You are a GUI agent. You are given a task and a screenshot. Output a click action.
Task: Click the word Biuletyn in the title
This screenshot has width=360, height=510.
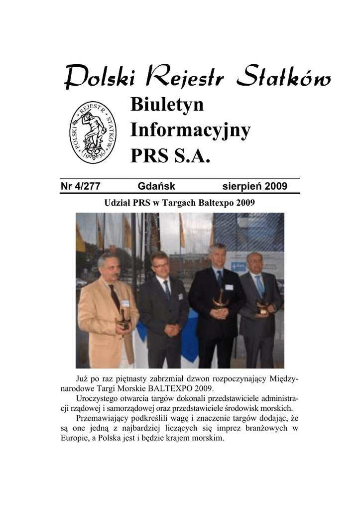(167, 105)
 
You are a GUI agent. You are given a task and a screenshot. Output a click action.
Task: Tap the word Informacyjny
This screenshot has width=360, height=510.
(190, 131)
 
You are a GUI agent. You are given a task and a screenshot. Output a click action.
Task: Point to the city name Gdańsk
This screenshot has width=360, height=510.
(156, 187)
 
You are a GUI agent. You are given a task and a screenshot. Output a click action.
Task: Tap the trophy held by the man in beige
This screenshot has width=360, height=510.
(122, 320)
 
